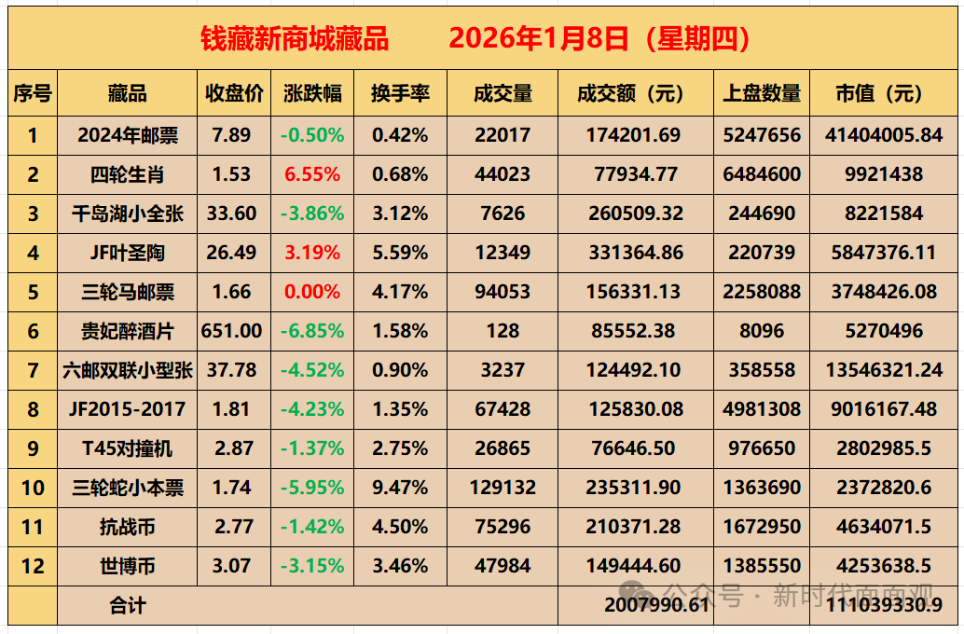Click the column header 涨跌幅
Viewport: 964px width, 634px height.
click(x=312, y=93)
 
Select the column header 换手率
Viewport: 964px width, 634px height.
click(x=400, y=93)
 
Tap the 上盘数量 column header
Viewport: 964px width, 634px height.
click(x=762, y=93)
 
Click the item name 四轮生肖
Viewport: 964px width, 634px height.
click(x=127, y=174)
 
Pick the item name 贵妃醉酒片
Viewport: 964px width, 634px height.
click(x=127, y=331)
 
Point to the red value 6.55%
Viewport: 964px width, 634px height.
click(x=312, y=174)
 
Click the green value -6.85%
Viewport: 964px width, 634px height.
click(x=312, y=331)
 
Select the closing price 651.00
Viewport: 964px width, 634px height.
click(x=232, y=331)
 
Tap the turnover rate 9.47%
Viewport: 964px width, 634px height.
click(x=400, y=488)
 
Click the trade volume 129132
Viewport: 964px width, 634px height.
click(x=503, y=488)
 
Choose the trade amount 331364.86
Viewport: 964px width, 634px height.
click(x=635, y=253)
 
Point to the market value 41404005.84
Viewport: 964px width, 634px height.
click(x=884, y=135)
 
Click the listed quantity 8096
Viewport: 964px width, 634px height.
click(x=762, y=331)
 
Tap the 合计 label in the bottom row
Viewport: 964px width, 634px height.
click(x=127, y=606)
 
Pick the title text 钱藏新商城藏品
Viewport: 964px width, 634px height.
click(x=295, y=38)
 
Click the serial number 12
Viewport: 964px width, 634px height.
click(x=33, y=566)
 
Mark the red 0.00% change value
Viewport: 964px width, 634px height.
click(x=312, y=292)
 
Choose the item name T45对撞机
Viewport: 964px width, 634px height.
click(x=127, y=448)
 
